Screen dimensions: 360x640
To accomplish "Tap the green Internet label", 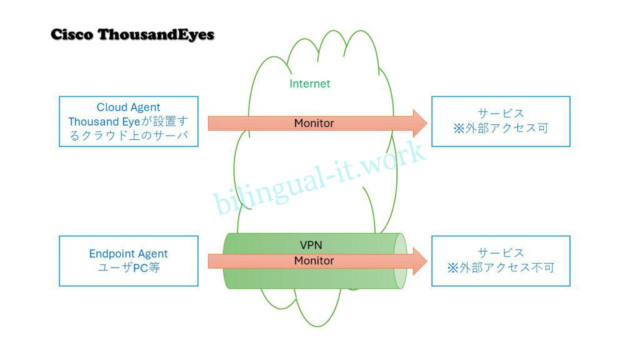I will tap(309, 83).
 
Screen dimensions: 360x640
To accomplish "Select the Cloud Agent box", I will tap(129, 121).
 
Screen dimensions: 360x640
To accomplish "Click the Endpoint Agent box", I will tap(129, 261).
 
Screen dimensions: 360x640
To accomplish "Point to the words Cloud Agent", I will tap(129, 107).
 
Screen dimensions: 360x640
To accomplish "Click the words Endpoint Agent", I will tap(129, 254).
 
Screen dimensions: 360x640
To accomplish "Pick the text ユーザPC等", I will tap(129, 268).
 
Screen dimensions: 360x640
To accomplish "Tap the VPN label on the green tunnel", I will tap(311, 244).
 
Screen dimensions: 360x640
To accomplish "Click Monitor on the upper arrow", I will tap(314, 123).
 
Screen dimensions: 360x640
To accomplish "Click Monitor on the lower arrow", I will tap(314, 261).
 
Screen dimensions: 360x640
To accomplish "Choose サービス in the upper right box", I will tap(501, 114).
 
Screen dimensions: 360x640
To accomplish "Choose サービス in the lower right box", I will tap(501, 252).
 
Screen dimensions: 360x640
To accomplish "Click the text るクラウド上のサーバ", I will tap(129, 136).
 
